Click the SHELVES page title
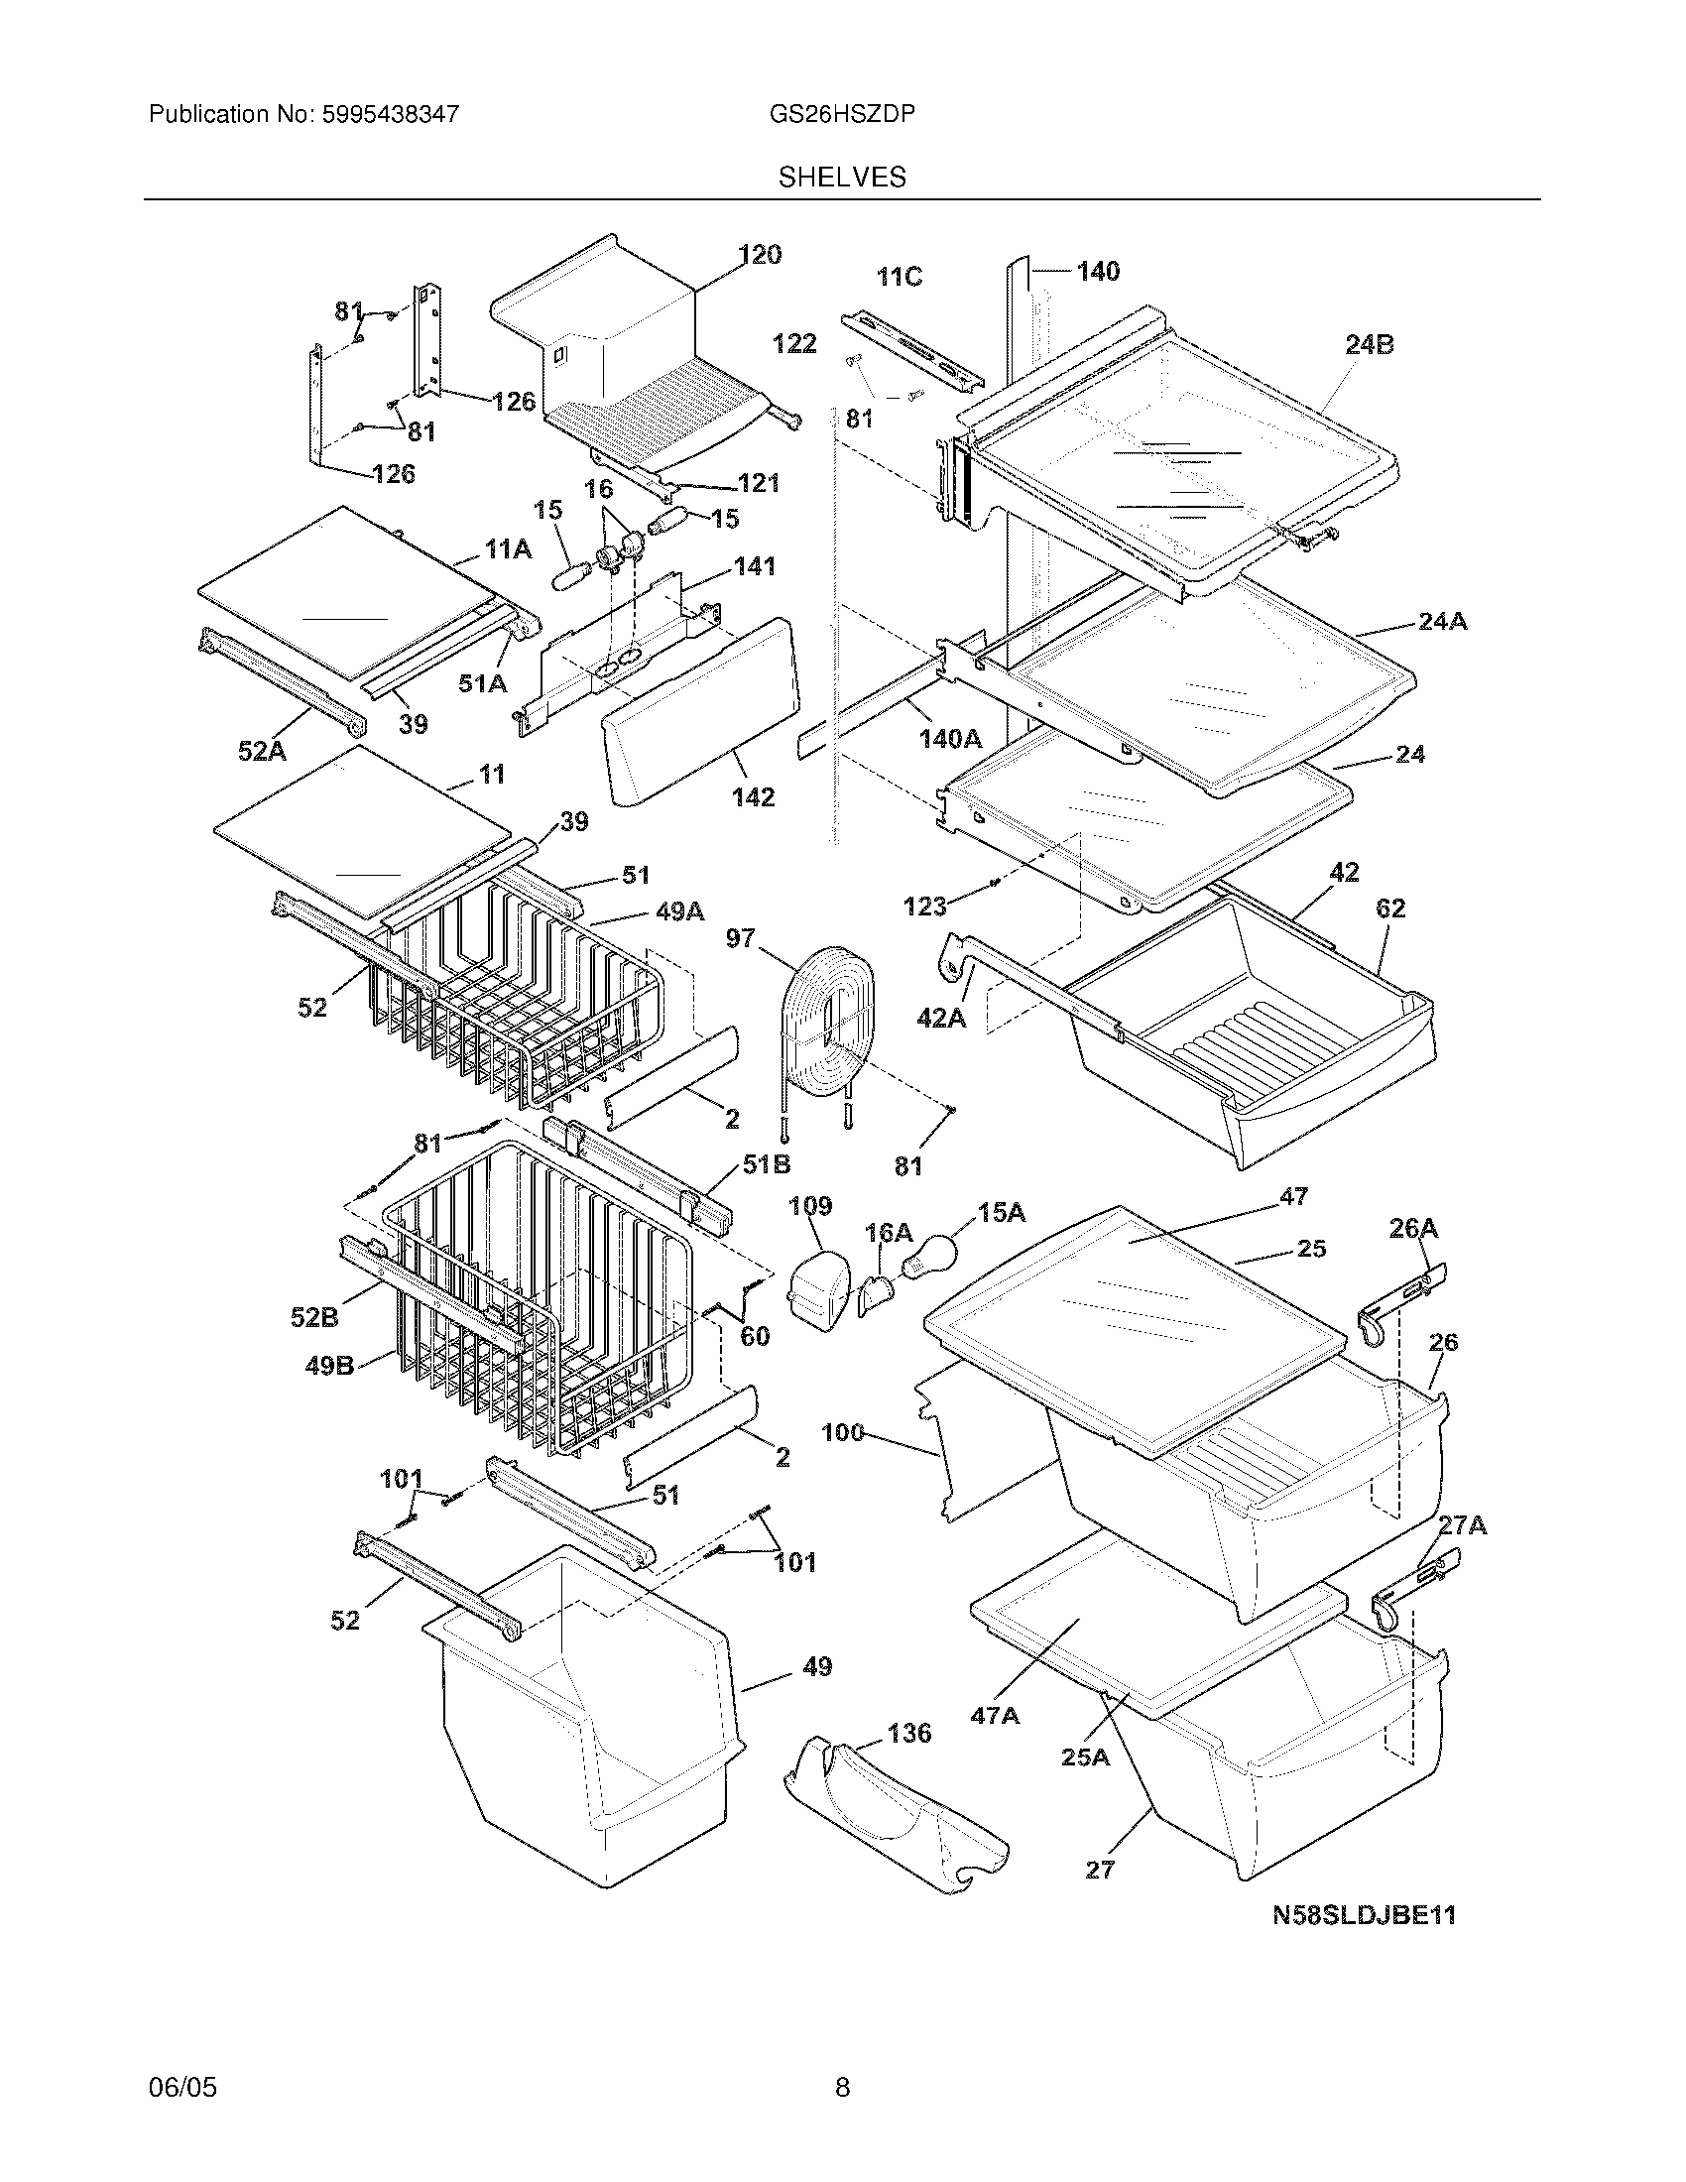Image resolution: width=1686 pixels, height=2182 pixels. (x=842, y=178)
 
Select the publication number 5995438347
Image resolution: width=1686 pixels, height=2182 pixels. (x=390, y=115)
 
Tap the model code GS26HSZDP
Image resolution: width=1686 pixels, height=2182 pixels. (x=842, y=115)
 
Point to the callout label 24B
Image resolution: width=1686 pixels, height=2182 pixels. (x=1369, y=345)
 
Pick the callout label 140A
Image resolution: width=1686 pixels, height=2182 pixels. (x=950, y=738)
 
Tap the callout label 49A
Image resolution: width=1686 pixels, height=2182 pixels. (x=680, y=911)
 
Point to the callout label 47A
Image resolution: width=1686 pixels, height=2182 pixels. (x=995, y=1716)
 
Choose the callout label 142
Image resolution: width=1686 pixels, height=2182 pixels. (x=752, y=797)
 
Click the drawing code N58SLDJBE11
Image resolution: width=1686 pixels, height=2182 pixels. (x=1364, y=1915)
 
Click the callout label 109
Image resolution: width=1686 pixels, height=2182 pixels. (x=810, y=1206)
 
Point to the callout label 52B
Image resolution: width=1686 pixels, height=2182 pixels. (x=314, y=1318)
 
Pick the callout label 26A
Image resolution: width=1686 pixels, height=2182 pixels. (x=1413, y=1228)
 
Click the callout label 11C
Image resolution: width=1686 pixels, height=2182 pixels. (x=899, y=277)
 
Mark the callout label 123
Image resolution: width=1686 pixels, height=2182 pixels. (x=924, y=907)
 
